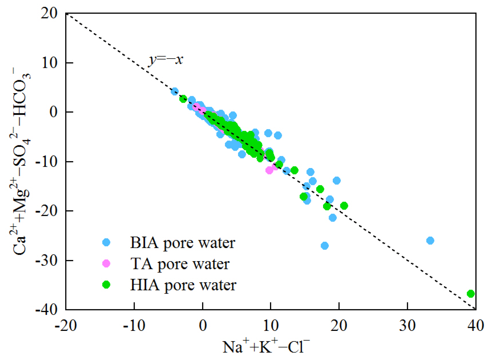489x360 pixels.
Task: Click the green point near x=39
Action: [470, 294]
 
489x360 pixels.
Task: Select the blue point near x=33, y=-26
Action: [430, 241]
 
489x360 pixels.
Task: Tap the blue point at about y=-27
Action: [325, 246]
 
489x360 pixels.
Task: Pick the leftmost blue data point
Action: [174, 91]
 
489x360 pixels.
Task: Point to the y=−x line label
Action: [166, 60]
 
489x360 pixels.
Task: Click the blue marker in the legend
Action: [106, 242]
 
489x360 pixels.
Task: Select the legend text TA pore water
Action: [180, 264]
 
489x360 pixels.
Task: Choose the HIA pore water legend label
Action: [183, 285]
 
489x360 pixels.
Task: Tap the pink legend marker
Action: [106, 264]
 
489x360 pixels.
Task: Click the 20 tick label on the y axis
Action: [49, 14]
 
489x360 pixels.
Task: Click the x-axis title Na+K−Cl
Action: [266, 347]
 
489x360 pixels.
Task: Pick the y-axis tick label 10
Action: [49, 63]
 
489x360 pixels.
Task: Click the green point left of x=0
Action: [183, 99]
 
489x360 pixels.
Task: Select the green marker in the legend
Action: [106, 285]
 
